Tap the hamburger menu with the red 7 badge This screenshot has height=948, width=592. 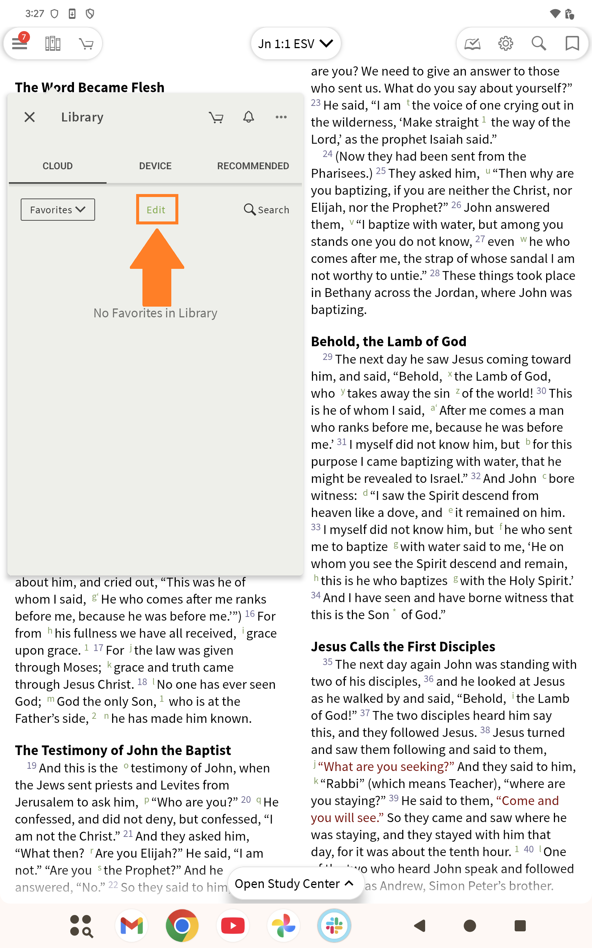(20, 43)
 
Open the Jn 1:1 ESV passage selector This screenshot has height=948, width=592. (295, 43)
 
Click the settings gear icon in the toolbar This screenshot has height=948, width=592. (505, 43)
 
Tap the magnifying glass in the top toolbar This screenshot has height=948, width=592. (538, 43)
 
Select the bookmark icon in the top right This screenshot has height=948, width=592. (572, 43)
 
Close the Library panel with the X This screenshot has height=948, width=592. (30, 117)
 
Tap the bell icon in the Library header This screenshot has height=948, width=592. (249, 117)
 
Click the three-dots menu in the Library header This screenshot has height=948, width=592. (281, 117)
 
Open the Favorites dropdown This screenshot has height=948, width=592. (58, 210)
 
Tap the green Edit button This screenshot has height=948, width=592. (156, 210)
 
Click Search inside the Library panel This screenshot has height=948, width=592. (267, 210)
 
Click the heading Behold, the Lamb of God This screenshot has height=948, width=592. (388, 341)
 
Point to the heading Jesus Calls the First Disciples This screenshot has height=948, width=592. (403, 646)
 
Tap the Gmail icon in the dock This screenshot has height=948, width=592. (132, 926)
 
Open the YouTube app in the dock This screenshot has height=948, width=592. (233, 926)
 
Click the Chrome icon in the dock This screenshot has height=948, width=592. (182, 926)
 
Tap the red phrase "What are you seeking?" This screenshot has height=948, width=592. (386, 766)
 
